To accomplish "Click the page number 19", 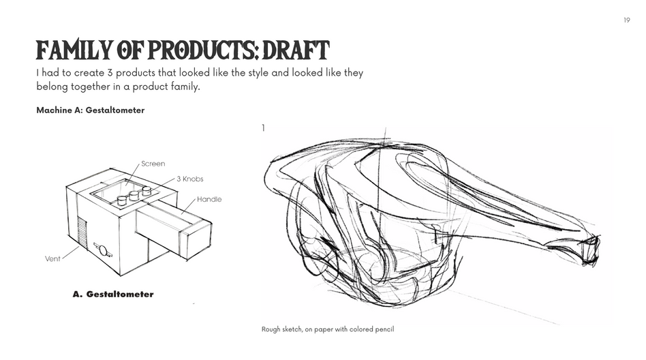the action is [x=627, y=20].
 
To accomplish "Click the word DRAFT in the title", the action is [x=296, y=50].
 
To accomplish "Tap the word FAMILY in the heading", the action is [x=74, y=50].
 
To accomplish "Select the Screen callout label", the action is [x=153, y=164].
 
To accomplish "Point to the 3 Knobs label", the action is [x=190, y=179].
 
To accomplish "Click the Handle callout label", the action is [x=209, y=199].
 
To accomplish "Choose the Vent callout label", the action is [x=52, y=259].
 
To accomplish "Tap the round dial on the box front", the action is [x=103, y=250].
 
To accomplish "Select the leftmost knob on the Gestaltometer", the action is [x=122, y=200].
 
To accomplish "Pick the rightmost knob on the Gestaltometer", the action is [x=147, y=190].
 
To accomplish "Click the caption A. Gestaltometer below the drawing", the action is [x=113, y=295].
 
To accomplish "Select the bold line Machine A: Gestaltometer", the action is [x=90, y=110].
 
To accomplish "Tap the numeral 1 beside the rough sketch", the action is [x=263, y=128].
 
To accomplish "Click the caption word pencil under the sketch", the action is [x=384, y=329].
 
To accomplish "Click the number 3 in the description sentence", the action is [x=110, y=72].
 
